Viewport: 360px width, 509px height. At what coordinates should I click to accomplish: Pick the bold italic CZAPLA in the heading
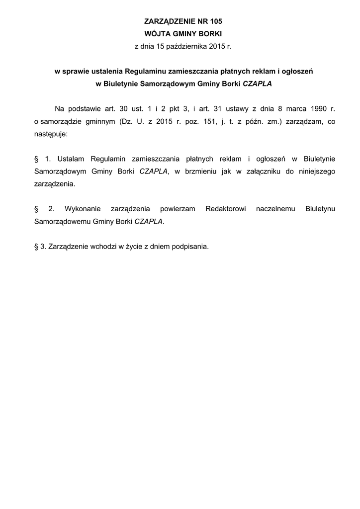point(257,84)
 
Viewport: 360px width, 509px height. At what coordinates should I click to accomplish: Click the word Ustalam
point(71,159)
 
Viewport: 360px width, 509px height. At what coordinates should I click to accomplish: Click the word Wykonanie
point(82,209)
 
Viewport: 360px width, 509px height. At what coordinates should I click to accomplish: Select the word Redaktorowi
point(226,209)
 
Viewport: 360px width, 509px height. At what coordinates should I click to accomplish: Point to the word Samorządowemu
point(62,221)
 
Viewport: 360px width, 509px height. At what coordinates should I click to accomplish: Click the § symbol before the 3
point(36,246)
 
